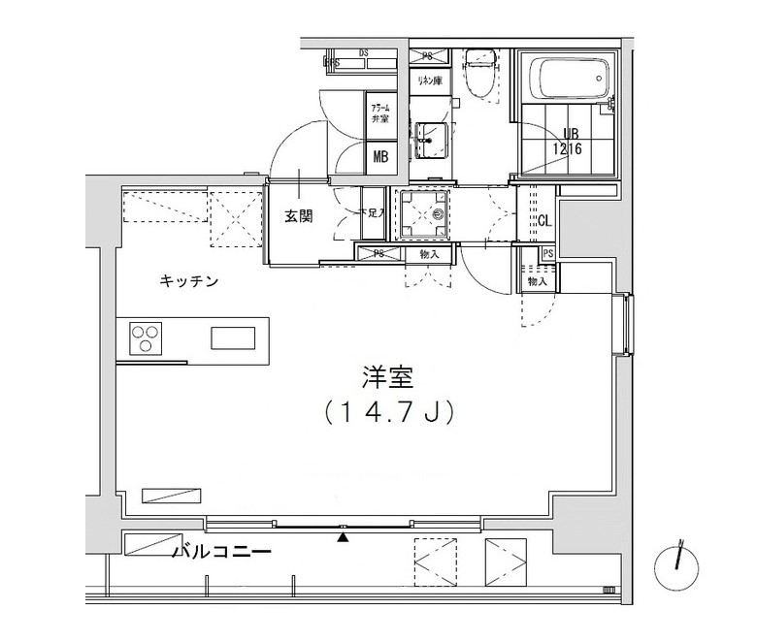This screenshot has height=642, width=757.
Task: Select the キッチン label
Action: click(188, 282)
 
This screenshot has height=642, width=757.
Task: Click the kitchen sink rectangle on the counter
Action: click(236, 337)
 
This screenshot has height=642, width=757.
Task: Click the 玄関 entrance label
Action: click(298, 216)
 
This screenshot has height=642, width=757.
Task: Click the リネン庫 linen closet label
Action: click(429, 80)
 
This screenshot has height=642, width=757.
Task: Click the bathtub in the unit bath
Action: click(568, 74)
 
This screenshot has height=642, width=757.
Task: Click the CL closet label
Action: click(544, 220)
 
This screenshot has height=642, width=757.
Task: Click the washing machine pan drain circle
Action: click(439, 212)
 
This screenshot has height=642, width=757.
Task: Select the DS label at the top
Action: click(364, 52)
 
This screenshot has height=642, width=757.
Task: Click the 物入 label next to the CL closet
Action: click(537, 280)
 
